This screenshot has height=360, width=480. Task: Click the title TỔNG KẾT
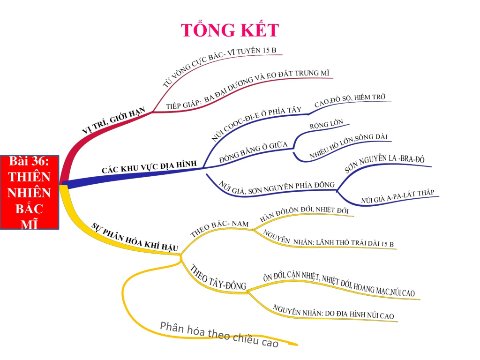(230, 30)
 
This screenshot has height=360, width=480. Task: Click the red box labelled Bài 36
(30, 192)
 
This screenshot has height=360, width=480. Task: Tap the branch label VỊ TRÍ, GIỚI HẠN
(113, 120)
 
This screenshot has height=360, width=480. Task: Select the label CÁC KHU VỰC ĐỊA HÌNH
(149, 167)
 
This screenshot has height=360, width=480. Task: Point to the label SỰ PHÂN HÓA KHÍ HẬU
(135, 237)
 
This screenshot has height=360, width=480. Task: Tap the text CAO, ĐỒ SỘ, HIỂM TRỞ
(350, 100)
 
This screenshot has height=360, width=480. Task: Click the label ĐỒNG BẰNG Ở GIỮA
(254, 152)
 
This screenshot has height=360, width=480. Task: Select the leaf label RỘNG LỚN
(326, 124)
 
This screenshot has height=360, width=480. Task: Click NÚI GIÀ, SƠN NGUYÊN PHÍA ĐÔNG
(277, 187)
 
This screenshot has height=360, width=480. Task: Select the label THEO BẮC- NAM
(219, 228)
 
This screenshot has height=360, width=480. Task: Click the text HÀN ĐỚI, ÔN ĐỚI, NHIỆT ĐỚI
(304, 213)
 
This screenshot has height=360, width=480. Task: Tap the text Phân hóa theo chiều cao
(219, 334)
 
